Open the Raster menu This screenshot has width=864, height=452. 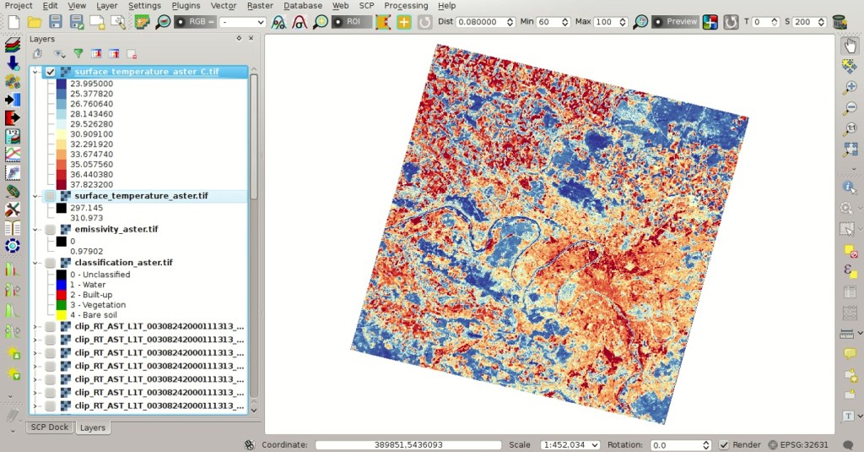(260, 6)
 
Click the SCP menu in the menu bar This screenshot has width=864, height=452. (366, 6)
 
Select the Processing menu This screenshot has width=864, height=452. (406, 6)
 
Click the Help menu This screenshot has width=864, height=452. (446, 6)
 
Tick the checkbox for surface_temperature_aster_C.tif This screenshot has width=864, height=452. (51, 73)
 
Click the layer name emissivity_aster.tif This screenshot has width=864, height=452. (116, 229)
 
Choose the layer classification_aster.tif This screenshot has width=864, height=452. (123, 263)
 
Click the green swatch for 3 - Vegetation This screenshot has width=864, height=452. (62, 305)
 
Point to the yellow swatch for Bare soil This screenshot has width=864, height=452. (62, 315)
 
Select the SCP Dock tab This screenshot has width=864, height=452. (50, 427)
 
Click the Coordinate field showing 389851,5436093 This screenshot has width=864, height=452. (408, 445)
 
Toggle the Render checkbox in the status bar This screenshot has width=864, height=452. (724, 445)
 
